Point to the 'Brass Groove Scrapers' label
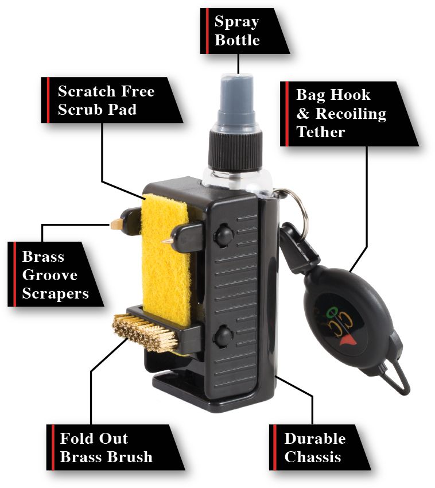55,274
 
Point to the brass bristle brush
146,333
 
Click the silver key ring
296,208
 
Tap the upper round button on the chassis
224,235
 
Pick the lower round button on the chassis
223,336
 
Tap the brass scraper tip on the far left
116,223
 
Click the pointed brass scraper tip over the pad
167,240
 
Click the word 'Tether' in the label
320,131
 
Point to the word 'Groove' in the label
50,275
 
